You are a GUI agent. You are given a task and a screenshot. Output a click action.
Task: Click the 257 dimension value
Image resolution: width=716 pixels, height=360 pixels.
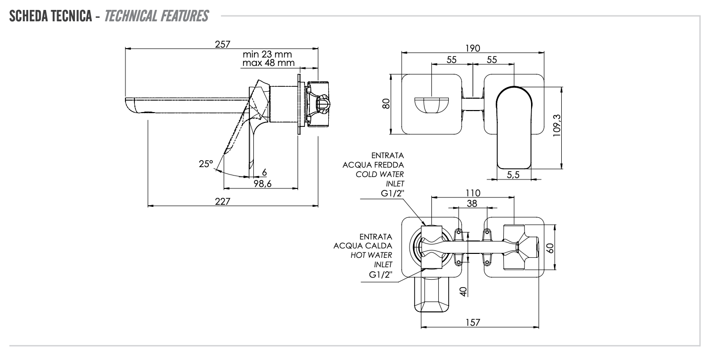pyautogui.click(x=223, y=44)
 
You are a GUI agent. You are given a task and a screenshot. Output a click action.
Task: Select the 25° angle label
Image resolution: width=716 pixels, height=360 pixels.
pyautogui.click(x=204, y=164)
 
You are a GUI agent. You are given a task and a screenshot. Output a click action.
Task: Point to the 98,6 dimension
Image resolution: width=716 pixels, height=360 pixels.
pyautogui.click(x=262, y=183)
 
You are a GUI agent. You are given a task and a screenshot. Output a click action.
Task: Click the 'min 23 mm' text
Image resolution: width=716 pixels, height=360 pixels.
pyautogui.click(x=267, y=54)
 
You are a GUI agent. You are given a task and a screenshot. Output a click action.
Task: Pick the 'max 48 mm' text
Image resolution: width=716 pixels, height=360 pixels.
pyautogui.click(x=268, y=63)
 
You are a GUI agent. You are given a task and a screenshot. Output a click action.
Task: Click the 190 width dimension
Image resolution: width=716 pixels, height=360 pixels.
pyautogui.click(x=473, y=48)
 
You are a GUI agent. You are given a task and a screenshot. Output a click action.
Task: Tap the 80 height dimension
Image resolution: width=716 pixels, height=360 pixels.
pyautogui.click(x=387, y=104)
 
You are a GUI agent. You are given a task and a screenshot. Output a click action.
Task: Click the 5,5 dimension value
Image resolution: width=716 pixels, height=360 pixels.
pyautogui.click(x=514, y=174)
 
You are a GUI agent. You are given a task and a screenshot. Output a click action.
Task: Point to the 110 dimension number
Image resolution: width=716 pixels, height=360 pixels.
pyautogui.click(x=473, y=192)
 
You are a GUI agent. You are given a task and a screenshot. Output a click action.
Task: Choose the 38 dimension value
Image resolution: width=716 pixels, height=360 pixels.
pyautogui.click(x=472, y=203)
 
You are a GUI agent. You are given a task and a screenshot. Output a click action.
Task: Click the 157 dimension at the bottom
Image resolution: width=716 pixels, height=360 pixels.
pyautogui.click(x=473, y=322)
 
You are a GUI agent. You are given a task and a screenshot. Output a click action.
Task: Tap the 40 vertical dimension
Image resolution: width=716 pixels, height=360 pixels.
pyautogui.click(x=464, y=291)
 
